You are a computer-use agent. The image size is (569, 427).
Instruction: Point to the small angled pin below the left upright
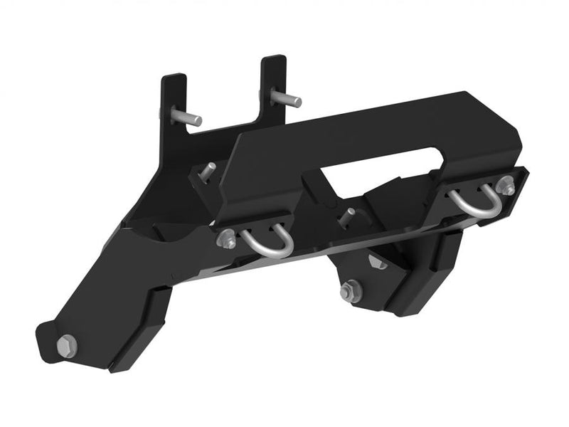207,171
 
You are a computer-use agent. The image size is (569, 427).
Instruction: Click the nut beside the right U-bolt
507,186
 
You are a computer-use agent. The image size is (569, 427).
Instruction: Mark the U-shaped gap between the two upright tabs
224,107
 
